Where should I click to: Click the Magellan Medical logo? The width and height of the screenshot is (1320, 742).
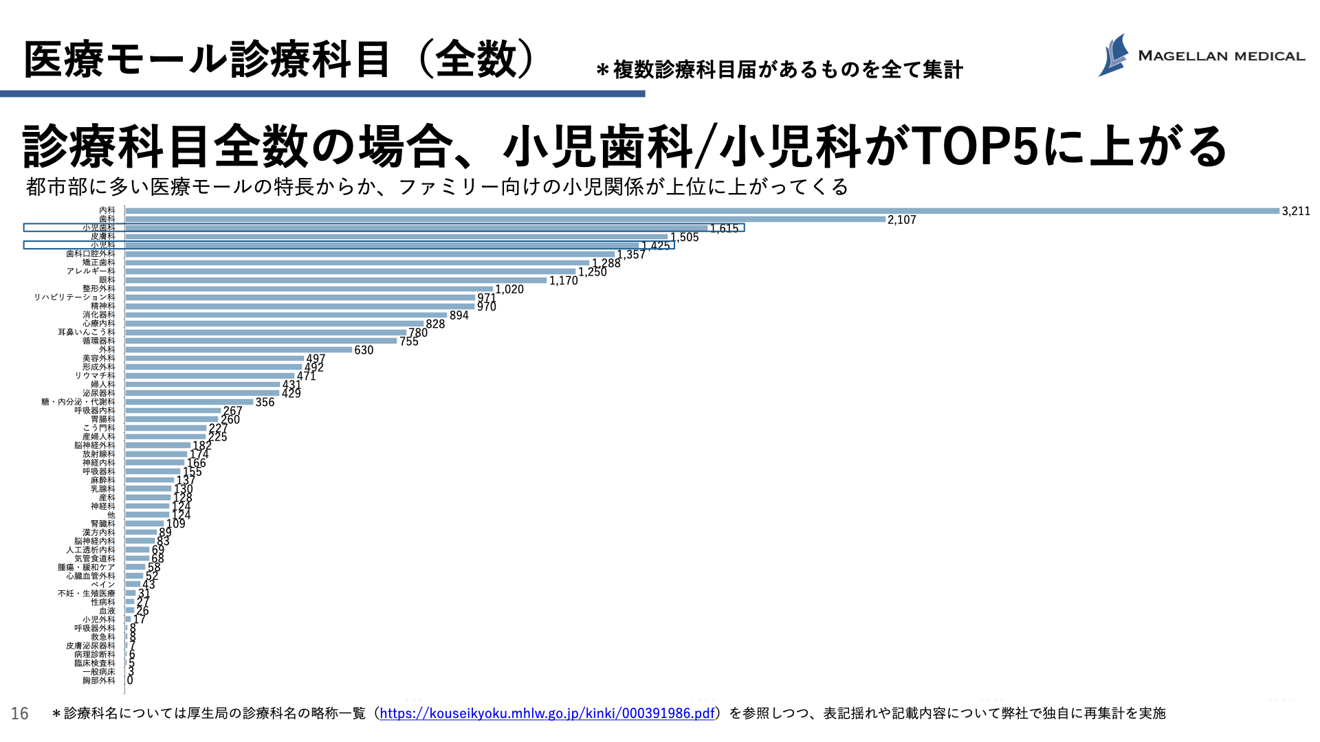(x=1200, y=55)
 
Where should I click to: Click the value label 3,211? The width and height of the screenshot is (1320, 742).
(x=1295, y=212)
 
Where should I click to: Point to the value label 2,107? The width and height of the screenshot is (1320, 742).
(x=901, y=220)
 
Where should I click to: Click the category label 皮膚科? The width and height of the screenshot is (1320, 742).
(x=103, y=236)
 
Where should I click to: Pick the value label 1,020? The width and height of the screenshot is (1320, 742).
(x=509, y=289)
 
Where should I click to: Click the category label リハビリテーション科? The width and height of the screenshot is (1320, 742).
(x=75, y=297)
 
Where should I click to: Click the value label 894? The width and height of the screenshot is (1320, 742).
(x=459, y=315)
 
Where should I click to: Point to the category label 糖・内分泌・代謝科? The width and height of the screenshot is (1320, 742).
(x=78, y=402)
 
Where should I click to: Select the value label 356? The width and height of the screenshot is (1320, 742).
(x=265, y=403)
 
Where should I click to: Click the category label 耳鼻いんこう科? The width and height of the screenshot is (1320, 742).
(x=87, y=333)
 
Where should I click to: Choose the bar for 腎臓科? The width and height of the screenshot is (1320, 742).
(x=144, y=524)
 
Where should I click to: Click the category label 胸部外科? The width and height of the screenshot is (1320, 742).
(x=99, y=681)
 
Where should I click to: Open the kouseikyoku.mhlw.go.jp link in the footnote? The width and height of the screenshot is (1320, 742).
(x=547, y=713)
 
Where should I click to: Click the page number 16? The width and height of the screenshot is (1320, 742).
(x=20, y=714)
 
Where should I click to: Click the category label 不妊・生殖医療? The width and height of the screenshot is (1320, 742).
(x=87, y=594)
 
